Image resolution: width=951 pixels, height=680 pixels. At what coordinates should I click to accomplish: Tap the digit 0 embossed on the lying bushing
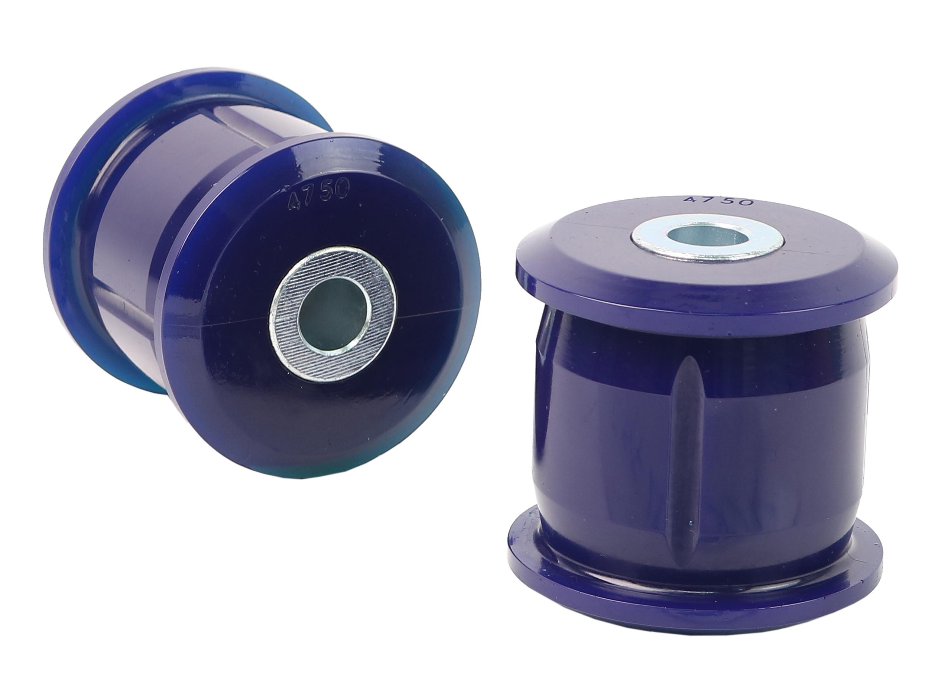[x=340, y=191]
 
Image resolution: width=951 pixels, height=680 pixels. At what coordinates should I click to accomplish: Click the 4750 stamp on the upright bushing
[x=718, y=201]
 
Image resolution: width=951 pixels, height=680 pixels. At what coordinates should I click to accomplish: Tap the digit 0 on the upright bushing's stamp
[x=746, y=202]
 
